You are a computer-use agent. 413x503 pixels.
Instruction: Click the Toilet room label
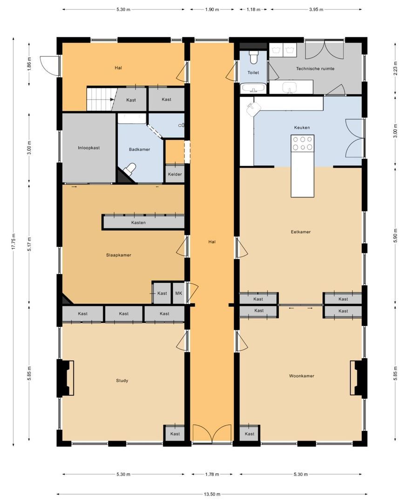pos(253,73)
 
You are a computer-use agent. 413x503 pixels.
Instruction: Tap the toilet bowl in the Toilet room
pos(254,57)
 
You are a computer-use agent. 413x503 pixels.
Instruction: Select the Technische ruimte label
pos(315,68)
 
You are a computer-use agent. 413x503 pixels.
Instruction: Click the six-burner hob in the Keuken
pos(302,143)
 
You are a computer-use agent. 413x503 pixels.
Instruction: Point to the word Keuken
pos(302,128)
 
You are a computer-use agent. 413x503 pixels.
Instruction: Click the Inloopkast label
pos(89,148)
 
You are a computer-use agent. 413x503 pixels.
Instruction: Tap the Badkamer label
pos(140,150)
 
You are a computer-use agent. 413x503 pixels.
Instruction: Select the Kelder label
pos(175,175)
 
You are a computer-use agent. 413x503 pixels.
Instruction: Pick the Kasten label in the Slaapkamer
pos(139,223)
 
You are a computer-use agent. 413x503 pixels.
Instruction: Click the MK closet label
pos(179,293)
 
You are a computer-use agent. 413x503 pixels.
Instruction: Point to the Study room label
pos(122,381)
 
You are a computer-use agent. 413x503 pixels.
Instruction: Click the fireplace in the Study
pos(66,378)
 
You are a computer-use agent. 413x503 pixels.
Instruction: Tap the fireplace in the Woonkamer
pos(359,378)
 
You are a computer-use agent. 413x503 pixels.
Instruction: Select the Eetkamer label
pos(301,232)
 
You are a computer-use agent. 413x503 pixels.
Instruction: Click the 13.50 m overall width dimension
pos(212,494)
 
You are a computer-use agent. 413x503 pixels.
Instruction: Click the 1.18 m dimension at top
pos(253,10)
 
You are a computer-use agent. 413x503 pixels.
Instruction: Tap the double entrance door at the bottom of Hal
pos(212,434)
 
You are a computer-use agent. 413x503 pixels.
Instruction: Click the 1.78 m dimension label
pos(212,475)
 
